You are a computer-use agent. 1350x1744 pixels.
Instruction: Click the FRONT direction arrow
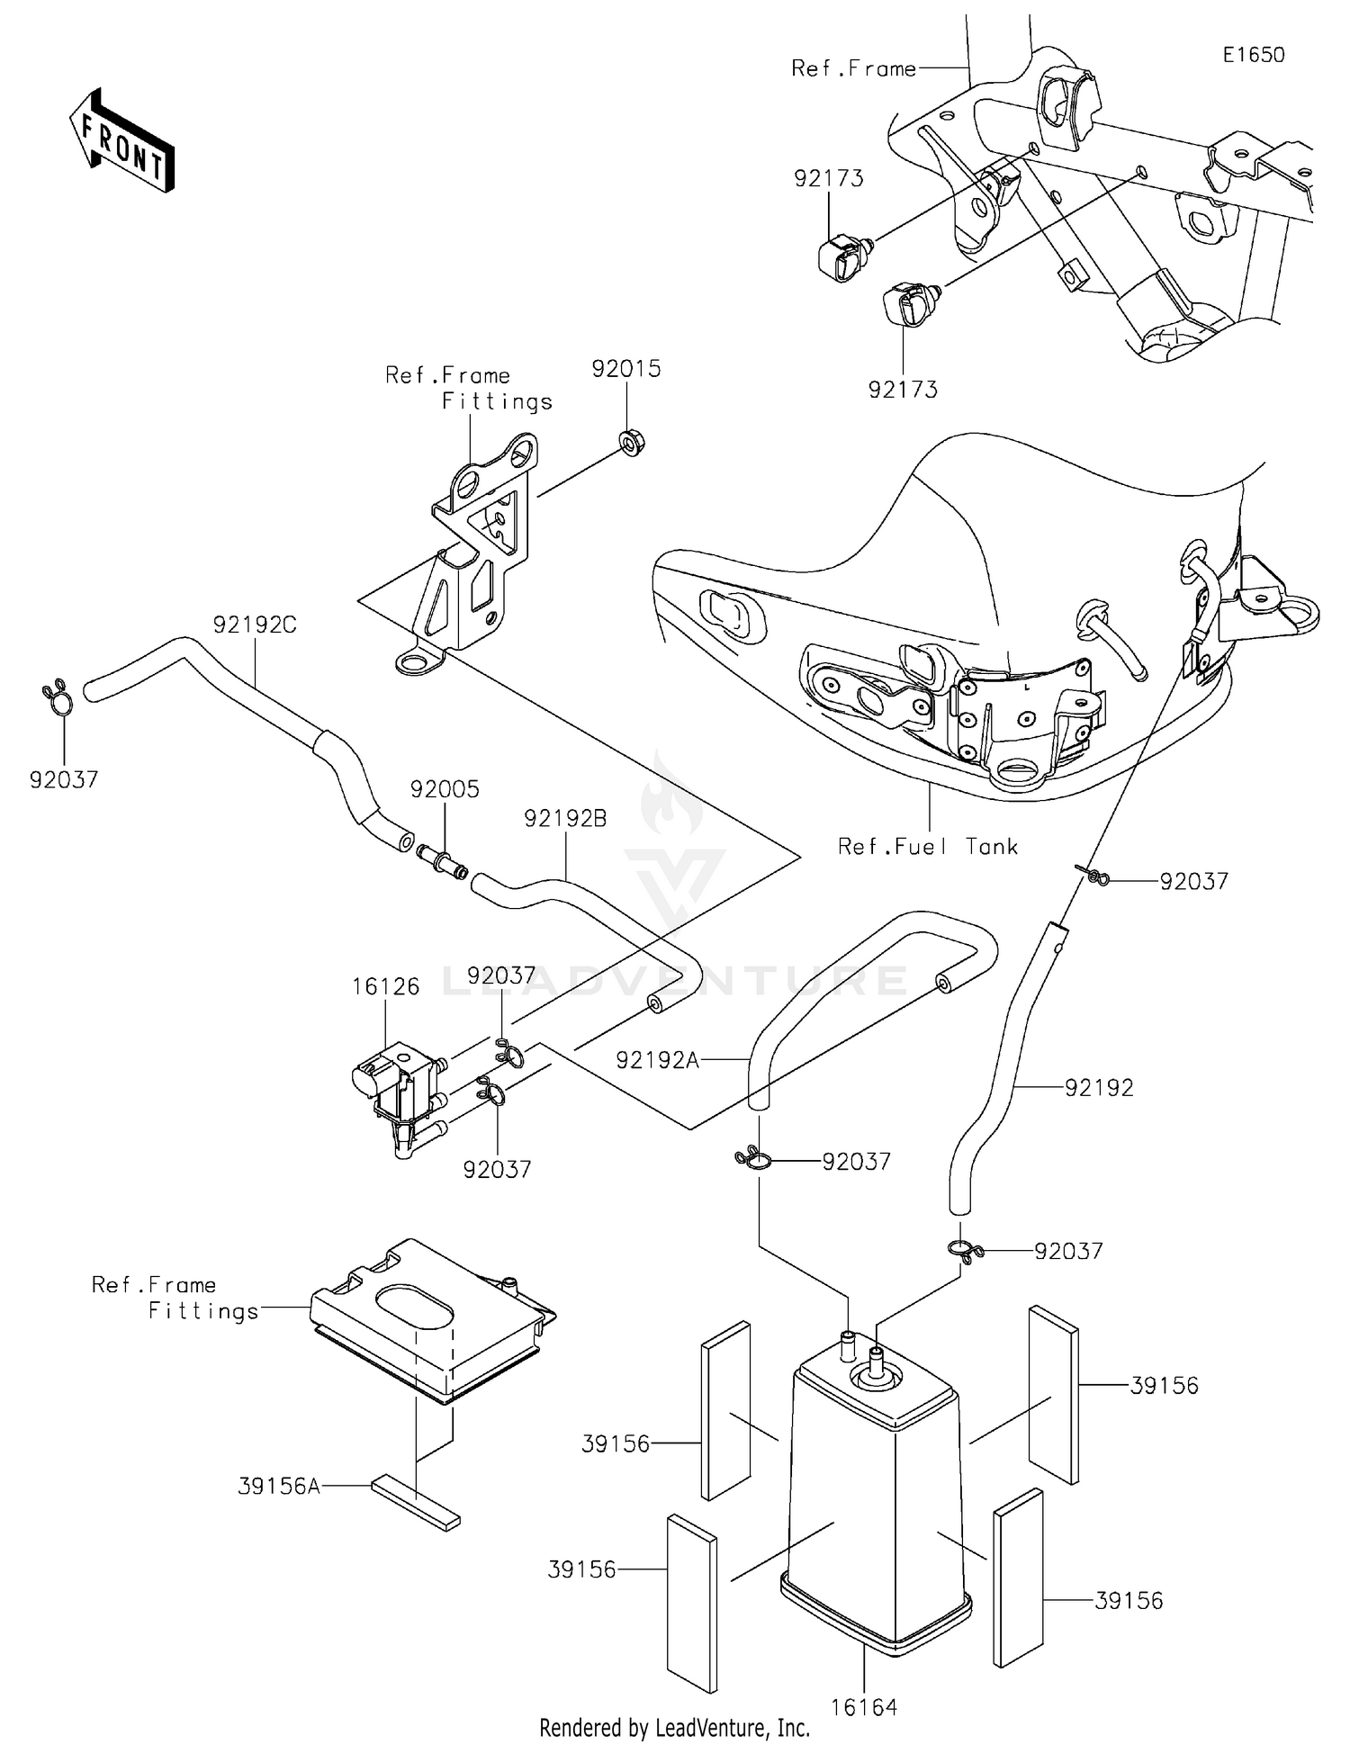click(x=121, y=142)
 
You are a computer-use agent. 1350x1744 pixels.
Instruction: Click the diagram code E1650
click(x=1253, y=55)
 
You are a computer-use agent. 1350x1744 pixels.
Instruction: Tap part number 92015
click(x=625, y=369)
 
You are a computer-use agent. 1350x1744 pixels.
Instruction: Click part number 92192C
click(x=255, y=625)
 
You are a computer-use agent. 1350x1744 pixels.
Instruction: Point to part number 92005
click(x=445, y=789)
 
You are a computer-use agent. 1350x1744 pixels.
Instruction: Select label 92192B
click(x=565, y=819)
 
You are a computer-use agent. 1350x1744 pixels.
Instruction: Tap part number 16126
click(x=385, y=986)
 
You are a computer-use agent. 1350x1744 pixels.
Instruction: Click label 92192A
click(x=657, y=1061)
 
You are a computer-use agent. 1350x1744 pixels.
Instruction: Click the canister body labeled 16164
click(x=873, y=1494)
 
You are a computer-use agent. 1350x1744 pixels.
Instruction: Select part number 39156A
click(x=279, y=1486)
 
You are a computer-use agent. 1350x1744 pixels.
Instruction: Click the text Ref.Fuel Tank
click(x=927, y=847)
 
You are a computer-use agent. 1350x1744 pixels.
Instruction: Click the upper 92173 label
click(x=828, y=178)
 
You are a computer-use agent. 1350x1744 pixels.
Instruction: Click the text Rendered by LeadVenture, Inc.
click(x=674, y=1728)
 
